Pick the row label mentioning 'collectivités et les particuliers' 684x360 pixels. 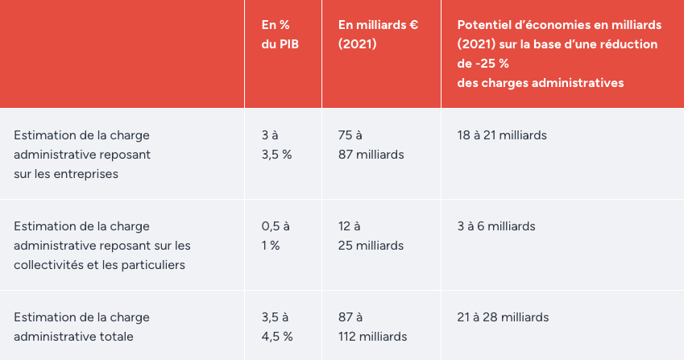coord(102,245)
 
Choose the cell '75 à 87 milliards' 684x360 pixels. coord(371,144)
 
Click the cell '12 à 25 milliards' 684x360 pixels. coord(371,235)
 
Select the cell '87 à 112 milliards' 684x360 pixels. coord(372,326)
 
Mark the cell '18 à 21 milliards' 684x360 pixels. coord(501,135)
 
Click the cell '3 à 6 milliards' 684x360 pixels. coord(495,226)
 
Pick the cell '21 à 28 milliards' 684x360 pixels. coord(502,317)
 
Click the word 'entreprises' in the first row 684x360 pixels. coord(87,173)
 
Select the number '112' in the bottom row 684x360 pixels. coord(350,336)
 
